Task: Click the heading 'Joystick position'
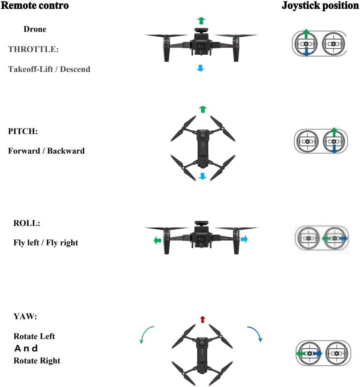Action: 320,6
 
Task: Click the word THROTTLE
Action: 33,49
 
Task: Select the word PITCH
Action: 23,131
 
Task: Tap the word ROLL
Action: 27,223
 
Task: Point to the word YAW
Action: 25,317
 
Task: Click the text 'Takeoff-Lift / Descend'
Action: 49,69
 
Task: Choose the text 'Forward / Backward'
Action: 46,151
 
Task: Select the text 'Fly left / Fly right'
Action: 46,243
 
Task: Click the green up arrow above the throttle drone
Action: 201,20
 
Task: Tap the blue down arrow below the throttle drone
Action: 201,68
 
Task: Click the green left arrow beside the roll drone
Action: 157,241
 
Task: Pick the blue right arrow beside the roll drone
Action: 244,239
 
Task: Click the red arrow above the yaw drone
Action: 202,319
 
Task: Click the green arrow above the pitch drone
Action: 203,109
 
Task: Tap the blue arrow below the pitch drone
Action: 202,176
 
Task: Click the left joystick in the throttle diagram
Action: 306,44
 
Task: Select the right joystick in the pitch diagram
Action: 334,142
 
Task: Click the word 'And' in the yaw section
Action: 26,348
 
